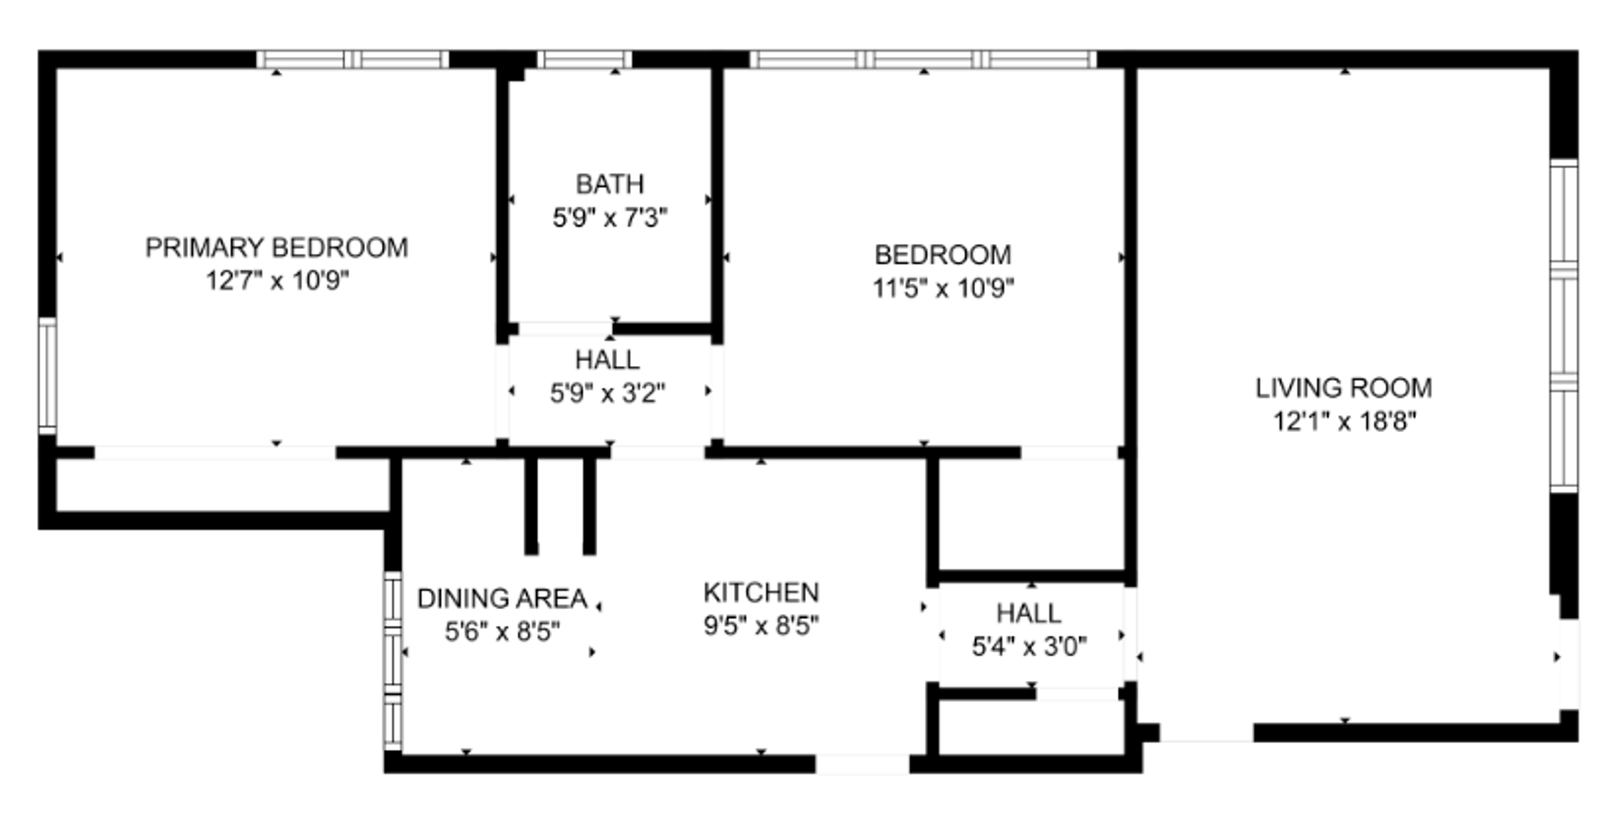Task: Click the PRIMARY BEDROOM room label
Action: click(277, 247)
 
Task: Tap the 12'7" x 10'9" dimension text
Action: click(277, 280)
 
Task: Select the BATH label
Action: click(610, 184)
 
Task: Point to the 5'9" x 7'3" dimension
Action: click(610, 218)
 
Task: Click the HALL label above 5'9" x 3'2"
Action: click(607, 359)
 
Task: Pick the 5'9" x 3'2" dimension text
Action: click(607, 393)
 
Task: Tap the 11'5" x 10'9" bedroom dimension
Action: click(943, 288)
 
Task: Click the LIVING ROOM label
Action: click(1343, 388)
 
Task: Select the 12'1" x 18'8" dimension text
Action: click(1344, 421)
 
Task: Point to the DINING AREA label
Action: click(502, 598)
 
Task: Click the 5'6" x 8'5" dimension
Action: click(502, 632)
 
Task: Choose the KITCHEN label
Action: click(761, 592)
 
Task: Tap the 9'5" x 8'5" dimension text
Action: click(761, 625)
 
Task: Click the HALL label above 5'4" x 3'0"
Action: click(1029, 613)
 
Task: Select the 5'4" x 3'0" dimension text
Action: click(1029, 647)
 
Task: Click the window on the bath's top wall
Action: click(584, 59)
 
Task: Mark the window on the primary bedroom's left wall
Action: click(48, 376)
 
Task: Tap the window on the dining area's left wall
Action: click(393, 660)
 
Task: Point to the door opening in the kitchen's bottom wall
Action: click(862, 764)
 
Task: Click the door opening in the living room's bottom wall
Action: click(1206, 733)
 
